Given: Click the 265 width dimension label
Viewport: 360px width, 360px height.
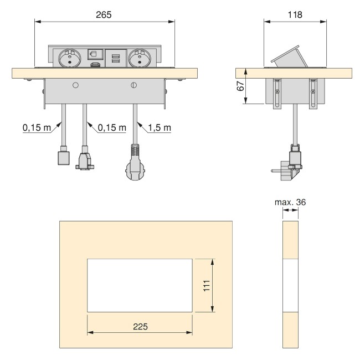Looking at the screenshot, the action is click(104, 15).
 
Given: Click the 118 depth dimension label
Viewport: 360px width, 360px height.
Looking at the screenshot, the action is click(295, 15).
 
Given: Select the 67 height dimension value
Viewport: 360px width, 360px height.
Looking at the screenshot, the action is click(240, 86).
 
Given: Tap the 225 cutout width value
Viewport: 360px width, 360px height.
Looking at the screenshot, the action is click(140, 326).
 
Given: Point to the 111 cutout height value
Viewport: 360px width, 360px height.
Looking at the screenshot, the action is click(207, 286).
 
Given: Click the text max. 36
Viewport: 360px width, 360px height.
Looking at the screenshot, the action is click(290, 202).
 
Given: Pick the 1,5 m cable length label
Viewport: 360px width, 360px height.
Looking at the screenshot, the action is click(160, 127).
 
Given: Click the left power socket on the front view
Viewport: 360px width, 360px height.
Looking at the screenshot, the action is click(70, 58).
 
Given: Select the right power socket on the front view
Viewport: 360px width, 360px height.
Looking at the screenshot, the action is click(140, 58).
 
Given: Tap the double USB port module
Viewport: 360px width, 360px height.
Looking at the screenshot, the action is click(116, 58).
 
